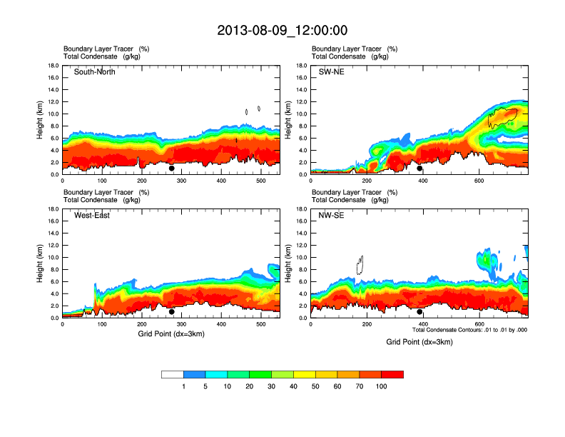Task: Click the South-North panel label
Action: pos(95,72)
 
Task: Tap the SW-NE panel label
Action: pos(331,72)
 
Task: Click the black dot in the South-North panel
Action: pos(172,169)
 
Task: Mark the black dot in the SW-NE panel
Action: pos(420,169)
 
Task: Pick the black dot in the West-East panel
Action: pos(172,312)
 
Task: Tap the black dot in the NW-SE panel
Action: pos(420,312)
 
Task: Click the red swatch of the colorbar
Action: pos(392,374)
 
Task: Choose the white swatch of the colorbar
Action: pos(173,374)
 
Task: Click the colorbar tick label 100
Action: pos(382,386)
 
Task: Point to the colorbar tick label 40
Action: pos(294,386)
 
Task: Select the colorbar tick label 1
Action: pos(184,386)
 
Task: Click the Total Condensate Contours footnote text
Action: pos(469,330)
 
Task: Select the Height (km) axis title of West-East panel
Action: pos(41,263)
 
